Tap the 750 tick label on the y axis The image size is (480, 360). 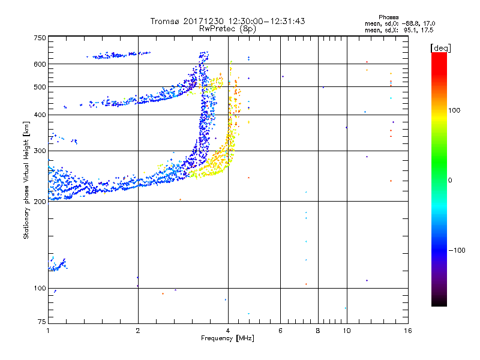[40, 37]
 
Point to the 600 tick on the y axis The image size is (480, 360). [40, 64]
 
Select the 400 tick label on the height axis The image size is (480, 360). [40, 115]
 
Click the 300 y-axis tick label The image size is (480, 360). [40, 151]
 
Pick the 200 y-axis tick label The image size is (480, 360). [40, 201]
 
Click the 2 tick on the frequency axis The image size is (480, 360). [138, 331]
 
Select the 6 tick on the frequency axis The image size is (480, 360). [280, 331]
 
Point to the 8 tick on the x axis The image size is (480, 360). [318, 331]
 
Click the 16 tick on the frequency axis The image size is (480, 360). [407, 331]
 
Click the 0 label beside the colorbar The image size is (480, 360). [449, 180]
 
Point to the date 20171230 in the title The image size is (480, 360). [206, 21]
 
